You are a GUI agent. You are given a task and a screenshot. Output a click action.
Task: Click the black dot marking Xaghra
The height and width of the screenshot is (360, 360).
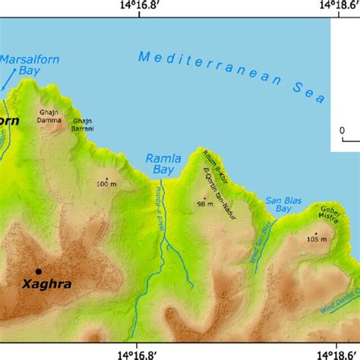pos(38,271)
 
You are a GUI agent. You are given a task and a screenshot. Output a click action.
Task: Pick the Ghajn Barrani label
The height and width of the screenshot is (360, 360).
pos(83,125)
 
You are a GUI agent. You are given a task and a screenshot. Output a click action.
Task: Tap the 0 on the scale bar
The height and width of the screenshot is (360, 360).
pos(343,130)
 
